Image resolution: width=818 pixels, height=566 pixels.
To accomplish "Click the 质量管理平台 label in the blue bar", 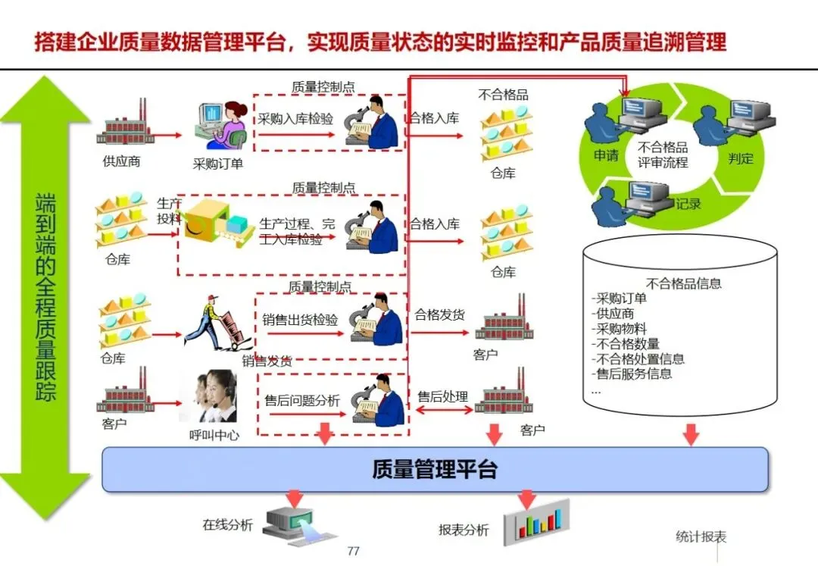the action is coord(434,469).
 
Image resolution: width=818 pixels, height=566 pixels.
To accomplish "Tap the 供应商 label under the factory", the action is coord(122,161).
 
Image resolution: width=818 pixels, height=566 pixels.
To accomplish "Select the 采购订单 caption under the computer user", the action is coord(218,164).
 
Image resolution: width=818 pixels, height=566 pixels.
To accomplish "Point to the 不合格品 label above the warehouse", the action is coord(503,95).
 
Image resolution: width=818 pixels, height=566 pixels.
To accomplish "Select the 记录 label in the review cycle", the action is coord(688,203).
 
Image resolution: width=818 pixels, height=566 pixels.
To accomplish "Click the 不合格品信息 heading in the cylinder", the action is coord(683,283).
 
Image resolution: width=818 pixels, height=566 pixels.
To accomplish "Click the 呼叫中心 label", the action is coord(214,435).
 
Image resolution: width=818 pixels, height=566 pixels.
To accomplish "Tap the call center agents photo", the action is coord(208,396).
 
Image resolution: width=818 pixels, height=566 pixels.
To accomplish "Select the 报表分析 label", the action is coord(464,530).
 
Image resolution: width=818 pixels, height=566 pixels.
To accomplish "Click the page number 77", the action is coord(352,551).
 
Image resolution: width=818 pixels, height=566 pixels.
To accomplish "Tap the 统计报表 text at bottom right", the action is coord(701,537).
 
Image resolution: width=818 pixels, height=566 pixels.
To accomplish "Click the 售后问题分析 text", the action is coord(301,400).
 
